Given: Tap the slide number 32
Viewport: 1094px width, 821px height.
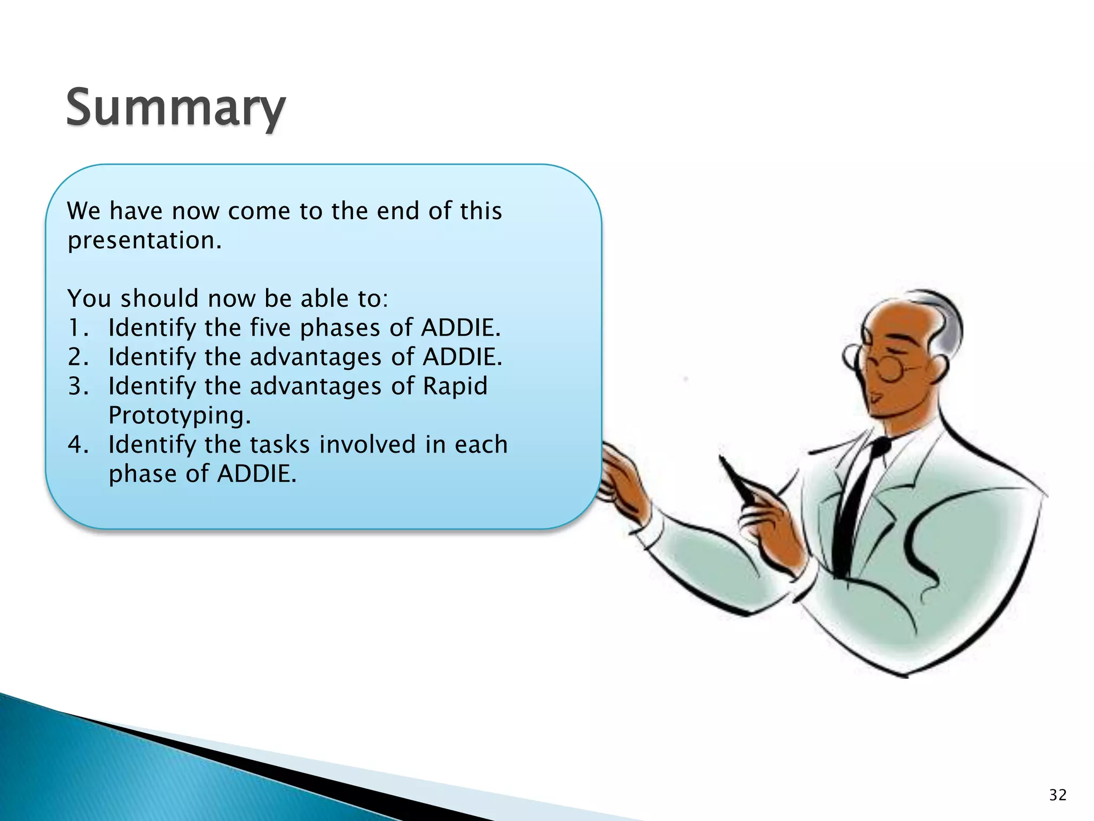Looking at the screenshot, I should (x=1057, y=795).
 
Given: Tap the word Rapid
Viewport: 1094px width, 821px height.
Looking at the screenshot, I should (x=455, y=386).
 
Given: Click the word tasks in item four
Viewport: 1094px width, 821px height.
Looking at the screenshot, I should (x=279, y=445).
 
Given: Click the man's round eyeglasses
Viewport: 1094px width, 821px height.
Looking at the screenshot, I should (x=887, y=368).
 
